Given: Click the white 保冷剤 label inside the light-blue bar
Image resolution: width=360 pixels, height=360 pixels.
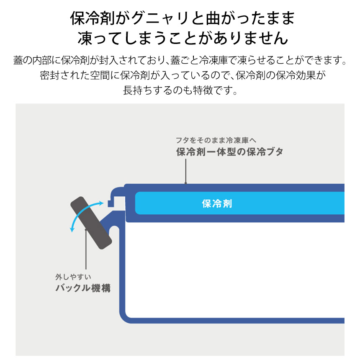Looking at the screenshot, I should (x=216, y=204).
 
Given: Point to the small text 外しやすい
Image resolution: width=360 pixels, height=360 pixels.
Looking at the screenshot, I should (x=73, y=277).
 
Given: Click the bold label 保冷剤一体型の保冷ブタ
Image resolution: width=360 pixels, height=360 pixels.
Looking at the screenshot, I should (x=229, y=152).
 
